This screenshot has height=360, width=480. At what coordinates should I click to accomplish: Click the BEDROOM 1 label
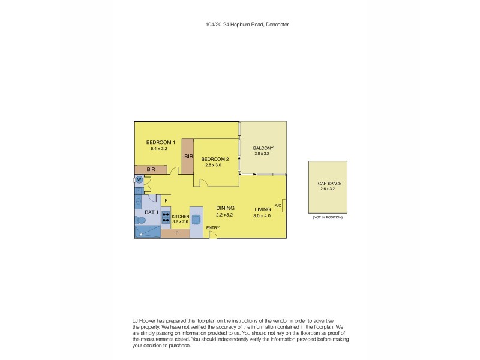click(x=161, y=142)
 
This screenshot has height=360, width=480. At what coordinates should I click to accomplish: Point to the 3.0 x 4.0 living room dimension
click(x=263, y=215)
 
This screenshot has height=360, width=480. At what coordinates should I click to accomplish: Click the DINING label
click(x=225, y=208)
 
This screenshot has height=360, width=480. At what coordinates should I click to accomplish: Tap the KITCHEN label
click(x=181, y=216)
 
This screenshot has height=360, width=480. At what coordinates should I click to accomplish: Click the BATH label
click(x=151, y=212)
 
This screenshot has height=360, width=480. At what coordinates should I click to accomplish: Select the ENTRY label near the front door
click(x=212, y=228)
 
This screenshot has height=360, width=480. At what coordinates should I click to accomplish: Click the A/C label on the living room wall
click(x=278, y=206)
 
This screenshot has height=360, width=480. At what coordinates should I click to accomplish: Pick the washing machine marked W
click(x=139, y=179)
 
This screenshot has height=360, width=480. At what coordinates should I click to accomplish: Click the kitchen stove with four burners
click(x=166, y=215)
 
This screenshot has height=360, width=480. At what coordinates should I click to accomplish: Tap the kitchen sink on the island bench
click(x=196, y=219)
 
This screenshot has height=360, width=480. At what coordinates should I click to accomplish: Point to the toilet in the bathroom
click(x=140, y=220)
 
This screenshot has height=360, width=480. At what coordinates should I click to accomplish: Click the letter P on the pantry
click(x=176, y=232)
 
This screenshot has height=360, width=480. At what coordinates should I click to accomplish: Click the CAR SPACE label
click(x=329, y=184)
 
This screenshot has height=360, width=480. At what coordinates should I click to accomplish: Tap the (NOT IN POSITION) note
click(x=328, y=217)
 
